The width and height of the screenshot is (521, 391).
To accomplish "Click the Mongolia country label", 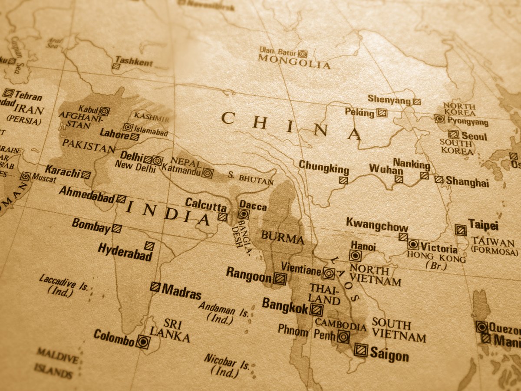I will pos(294,63).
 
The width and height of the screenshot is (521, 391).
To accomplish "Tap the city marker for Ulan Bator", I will pos(302,54).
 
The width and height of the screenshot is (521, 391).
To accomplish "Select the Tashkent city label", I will pos(134,62).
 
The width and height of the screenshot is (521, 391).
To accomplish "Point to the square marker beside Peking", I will pos(382,113).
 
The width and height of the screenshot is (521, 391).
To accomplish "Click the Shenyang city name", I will pos(389,99).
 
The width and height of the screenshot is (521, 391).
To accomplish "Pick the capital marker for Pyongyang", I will pos(440,118).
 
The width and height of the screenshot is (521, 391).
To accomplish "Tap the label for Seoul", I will pos(474,136).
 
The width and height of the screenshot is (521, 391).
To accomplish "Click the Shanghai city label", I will pos(467,183).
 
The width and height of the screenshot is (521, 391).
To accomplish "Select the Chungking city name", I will pos(323,168).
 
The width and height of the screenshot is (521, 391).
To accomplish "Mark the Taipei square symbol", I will pos(460,230).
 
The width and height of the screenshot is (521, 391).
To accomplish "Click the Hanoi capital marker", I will pos(356,256).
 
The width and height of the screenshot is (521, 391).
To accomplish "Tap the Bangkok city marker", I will pos(317,310).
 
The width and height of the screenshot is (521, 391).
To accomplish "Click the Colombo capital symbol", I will pos(142,342).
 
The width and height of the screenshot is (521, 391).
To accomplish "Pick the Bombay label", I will pos(91,226).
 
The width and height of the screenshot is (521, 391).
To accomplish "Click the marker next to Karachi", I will pos(86,174).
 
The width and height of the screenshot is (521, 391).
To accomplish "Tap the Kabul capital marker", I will pos(104,111).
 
